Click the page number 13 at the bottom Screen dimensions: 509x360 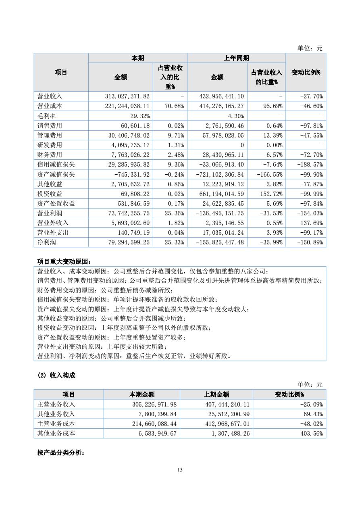[180, 469]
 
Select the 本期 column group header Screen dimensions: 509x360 [137, 58]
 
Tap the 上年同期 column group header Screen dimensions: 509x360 [236, 58]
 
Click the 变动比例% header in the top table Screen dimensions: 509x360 [306, 73]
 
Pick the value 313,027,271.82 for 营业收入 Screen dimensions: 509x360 [127, 96]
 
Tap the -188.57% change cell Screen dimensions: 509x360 [312, 165]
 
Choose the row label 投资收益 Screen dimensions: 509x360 [50, 194]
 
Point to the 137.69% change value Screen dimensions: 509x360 [313, 223]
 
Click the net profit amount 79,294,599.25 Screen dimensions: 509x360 [127, 242]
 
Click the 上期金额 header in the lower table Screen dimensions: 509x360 [216, 394]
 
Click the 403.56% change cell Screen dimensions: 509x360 [313, 433]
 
